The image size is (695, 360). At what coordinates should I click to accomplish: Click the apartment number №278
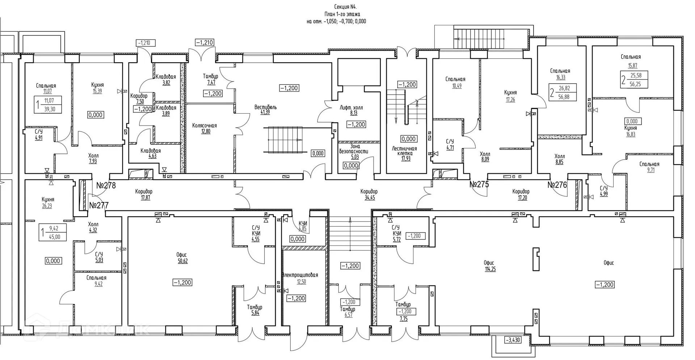[x=106, y=186]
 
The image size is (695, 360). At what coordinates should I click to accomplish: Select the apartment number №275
[x=479, y=184]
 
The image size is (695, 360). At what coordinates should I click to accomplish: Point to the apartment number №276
[x=557, y=185]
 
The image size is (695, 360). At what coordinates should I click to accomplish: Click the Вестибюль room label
[x=265, y=107]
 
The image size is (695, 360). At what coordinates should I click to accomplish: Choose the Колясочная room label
[x=205, y=126]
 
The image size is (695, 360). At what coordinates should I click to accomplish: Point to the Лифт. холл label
[x=351, y=107]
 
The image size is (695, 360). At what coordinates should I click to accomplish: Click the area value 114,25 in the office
[x=490, y=269]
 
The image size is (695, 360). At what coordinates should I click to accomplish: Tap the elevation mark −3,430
[x=513, y=340]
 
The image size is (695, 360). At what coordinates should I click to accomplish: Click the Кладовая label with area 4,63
[x=151, y=151]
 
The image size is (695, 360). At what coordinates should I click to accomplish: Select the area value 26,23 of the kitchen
[x=47, y=206]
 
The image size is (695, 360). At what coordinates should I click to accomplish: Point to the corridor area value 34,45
[x=370, y=198]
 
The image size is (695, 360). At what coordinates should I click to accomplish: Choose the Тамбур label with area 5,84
[x=254, y=307]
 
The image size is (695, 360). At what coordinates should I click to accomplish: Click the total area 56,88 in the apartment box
[x=564, y=97]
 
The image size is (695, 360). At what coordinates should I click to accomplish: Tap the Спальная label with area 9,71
[x=649, y=164]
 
